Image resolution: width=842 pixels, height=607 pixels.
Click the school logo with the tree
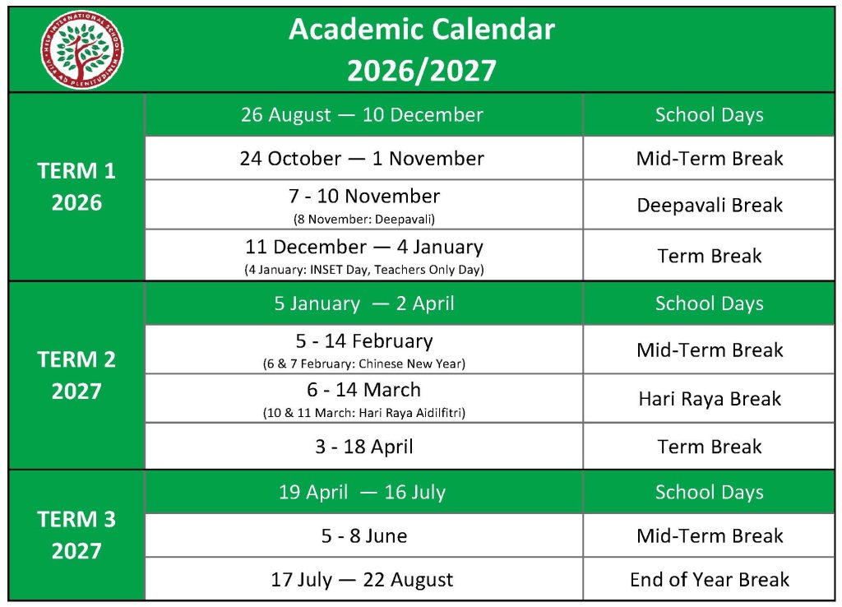coord(82,49)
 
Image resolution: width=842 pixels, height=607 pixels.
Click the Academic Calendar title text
coord(421,30)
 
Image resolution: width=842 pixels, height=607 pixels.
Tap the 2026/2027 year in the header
coord(421,71)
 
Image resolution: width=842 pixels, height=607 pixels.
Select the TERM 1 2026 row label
coord(76,187)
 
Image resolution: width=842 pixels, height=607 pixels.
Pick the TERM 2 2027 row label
coord(76,375)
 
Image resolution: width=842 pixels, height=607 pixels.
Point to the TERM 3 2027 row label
coord(76,535)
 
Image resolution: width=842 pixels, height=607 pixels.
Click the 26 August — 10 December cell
coord(362,114)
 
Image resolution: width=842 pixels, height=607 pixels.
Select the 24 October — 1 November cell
coord(362,158)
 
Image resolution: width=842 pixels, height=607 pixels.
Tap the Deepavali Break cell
coord(709,205)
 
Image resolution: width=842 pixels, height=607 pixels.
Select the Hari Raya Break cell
coord(709,399)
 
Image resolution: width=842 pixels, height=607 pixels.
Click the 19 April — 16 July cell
coord(362,493)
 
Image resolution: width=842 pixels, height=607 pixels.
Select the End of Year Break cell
coord(709,580)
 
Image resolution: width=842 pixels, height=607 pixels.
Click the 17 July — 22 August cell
coord(362,580)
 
